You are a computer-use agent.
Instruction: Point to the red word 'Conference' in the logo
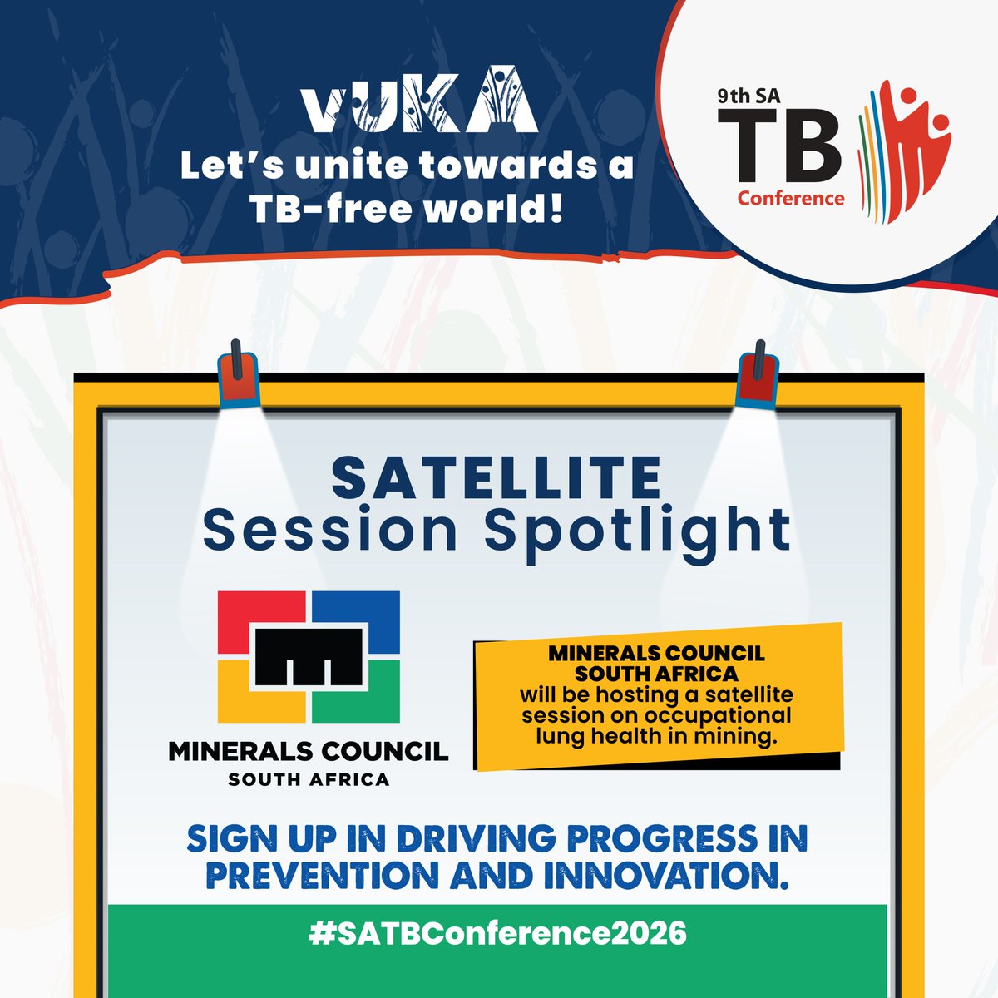point(791,199)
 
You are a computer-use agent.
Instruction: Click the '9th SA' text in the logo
point(746,97)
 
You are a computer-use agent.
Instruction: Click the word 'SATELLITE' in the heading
point(496,480)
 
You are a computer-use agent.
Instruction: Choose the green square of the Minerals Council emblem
point(366,699)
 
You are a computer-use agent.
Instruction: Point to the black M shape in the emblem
point(309,656)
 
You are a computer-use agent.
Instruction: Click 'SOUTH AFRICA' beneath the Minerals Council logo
point(309,779)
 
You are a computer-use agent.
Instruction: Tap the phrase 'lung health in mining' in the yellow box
point(656,734)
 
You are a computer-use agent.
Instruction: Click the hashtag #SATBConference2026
point(497,933)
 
